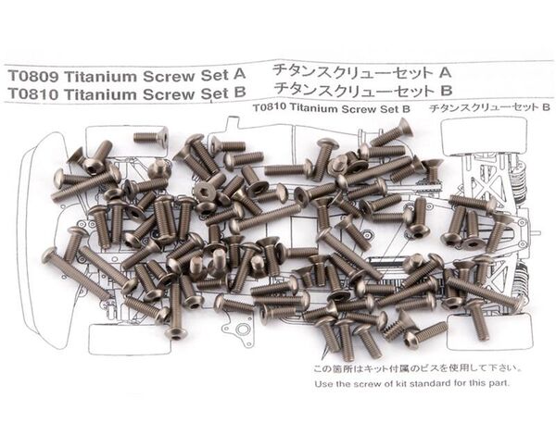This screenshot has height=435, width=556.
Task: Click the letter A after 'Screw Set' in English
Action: click(239, 75)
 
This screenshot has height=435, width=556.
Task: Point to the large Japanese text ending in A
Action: click(361, 72)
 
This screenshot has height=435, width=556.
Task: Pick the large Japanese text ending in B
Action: click(363, 90)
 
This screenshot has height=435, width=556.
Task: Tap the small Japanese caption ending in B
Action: click(489, 107)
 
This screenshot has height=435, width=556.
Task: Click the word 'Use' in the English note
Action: click(323, 384)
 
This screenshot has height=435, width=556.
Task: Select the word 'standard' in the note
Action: click(436, 383)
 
